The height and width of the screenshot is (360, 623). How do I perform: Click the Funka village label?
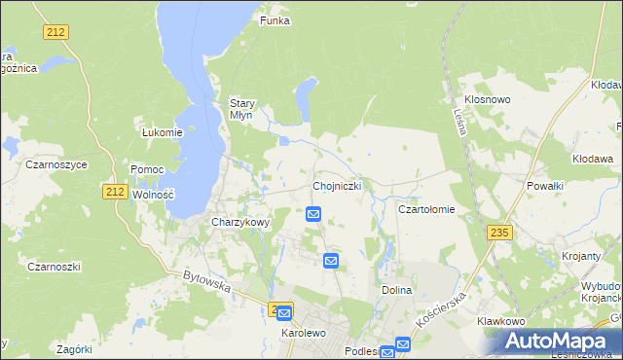tap(275, 20)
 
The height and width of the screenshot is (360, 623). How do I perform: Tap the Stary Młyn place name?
tap(241, 108)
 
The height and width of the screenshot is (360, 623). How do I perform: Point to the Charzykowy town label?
tap(239, 222)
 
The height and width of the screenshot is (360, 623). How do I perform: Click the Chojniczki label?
tap(339, 185)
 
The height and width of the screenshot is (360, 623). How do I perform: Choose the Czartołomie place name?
tap(426, 209)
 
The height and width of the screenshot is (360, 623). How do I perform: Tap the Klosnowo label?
tap(488, 100)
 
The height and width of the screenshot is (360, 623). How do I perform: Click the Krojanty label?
tap(581, 256)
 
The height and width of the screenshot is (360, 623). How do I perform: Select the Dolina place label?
tap(397, 290)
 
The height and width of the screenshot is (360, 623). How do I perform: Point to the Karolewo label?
tap(302, 332)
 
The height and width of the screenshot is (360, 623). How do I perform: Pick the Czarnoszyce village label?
tap(56, 165)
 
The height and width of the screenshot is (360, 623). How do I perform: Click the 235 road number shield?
tap(499, 232)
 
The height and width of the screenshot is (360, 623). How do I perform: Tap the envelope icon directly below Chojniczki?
tap(314, 214)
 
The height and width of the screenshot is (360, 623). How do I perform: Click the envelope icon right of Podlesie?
tap(402, 344)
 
